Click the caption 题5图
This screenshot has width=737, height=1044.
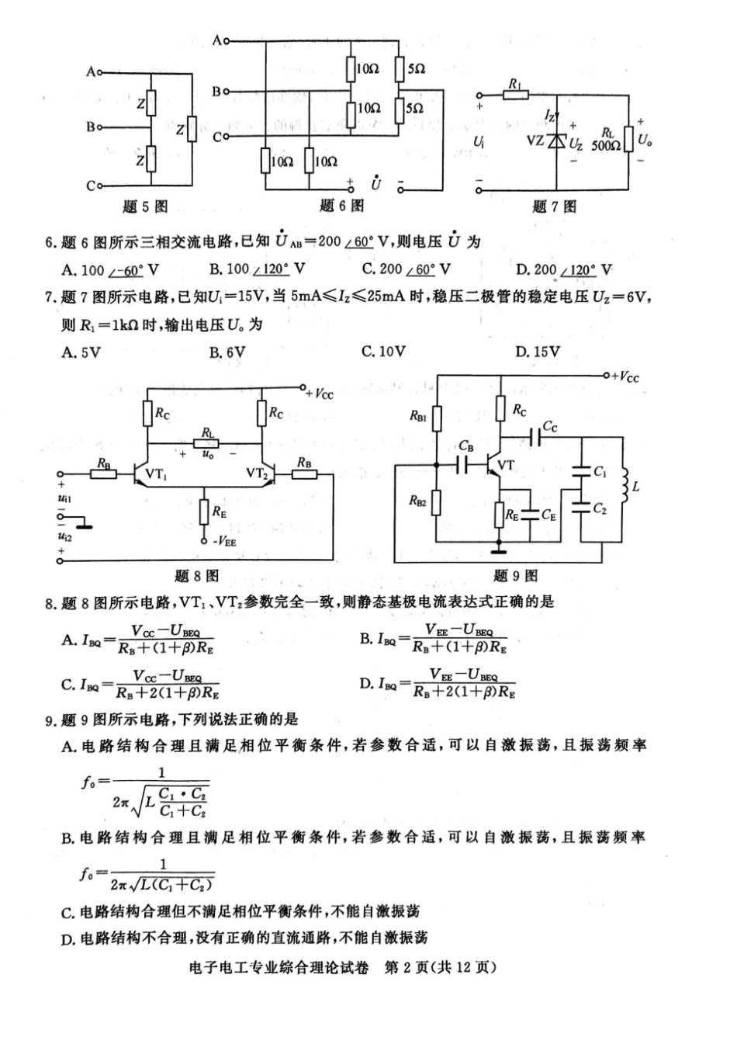[145, 206]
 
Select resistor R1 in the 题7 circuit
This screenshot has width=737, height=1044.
[515, 95]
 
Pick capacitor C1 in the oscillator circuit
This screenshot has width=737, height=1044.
[580, 471]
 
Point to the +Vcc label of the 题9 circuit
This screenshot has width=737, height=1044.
[625, 377]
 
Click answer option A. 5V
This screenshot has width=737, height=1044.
[81, 352]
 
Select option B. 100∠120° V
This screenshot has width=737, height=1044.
[257, 269]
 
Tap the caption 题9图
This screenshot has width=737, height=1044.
[515, 575]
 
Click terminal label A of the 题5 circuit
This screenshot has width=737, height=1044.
[90, 71]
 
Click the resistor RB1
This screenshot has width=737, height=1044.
[437, 419]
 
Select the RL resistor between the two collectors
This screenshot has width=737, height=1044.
[207, 443]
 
